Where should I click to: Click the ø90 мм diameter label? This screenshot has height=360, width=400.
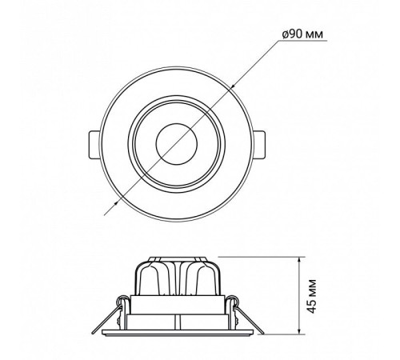[x=302, y=34]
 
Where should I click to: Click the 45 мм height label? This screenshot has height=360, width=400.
[x=311, y=296]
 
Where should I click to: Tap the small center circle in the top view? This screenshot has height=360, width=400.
[x=177, y=143]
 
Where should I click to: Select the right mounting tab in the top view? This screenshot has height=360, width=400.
[x=259, y=145]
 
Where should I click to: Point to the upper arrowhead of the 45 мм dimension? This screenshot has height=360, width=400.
[x=300, y=261]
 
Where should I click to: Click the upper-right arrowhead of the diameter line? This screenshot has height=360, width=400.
[x=231, y=87]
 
